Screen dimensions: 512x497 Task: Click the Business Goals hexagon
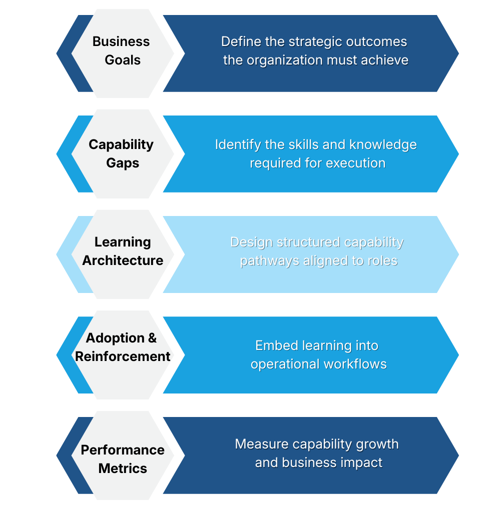pyautogui.click(x=123, y=53)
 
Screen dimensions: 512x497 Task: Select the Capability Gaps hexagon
pyautogui.click(x=123, y=153)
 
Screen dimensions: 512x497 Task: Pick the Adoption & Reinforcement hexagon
pyautogui.click(x=123, y=354)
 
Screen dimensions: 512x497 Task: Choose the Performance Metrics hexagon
pyautogui.click(x=123, y=455)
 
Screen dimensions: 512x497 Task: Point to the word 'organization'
pyautogui.click(x=283, y=60)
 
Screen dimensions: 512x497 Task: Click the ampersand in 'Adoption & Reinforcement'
pyautogui.click(x=152, y=338)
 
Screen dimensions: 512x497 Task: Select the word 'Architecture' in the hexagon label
pyautogui.click(x=123, y=260)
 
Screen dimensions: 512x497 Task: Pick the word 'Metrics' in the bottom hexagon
pyautogui.click(x=123, y=468)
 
